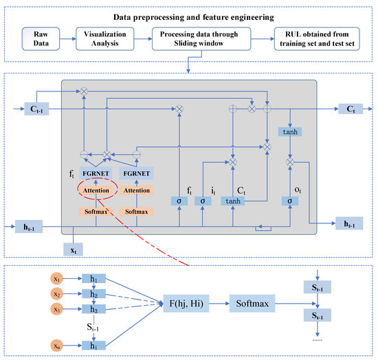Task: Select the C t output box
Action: coord(352,109)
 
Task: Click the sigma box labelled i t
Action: coord(203,201)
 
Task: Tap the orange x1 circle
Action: coord(57,280)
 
